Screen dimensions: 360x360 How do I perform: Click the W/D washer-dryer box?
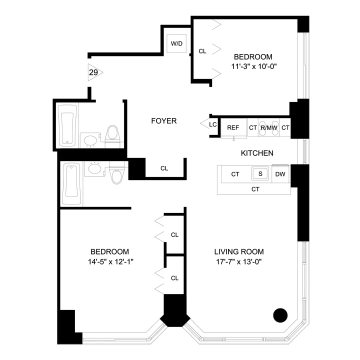pos(177,44)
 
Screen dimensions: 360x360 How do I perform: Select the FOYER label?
pos(164,121)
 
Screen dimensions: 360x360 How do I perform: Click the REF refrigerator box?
pos(233,127)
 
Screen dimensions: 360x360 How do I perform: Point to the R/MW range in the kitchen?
pos(268,127)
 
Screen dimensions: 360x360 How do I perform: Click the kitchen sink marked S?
pos(260,174)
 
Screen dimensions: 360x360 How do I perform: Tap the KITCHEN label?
pos(257,153)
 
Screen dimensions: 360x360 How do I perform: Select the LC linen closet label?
pos(212,124)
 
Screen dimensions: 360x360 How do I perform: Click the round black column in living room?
pos(280,315)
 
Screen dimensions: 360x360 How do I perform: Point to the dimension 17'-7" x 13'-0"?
pos(239,261)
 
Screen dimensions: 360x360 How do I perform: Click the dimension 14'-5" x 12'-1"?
pos(109,261)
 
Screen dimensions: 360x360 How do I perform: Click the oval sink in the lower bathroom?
pos(93,169)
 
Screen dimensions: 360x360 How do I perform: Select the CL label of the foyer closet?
pos(164,168)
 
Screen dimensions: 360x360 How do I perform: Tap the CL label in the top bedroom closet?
pos(202,51)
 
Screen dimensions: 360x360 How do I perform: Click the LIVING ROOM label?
pos(239,251)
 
